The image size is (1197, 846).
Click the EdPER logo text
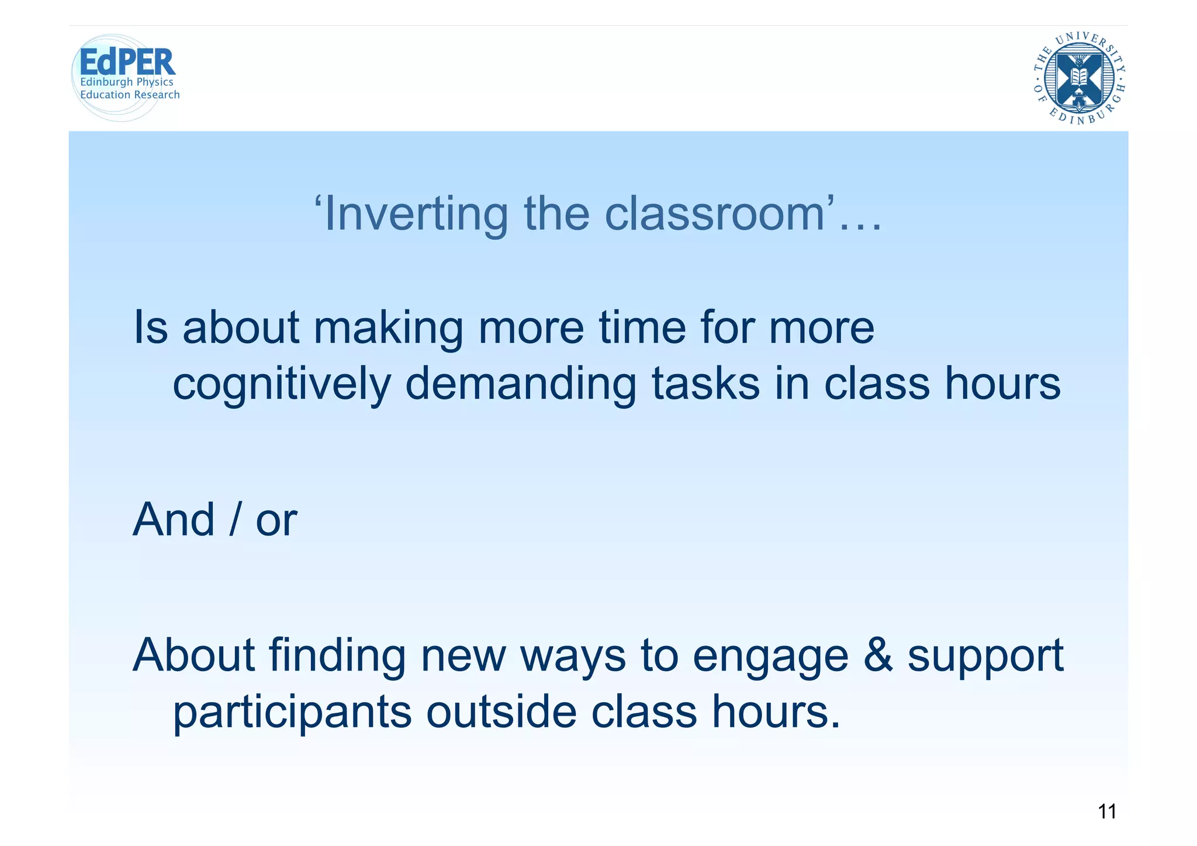127,62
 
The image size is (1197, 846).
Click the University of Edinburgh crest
1080,78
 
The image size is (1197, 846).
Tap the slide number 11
1107,812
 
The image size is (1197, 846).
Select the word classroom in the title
719,214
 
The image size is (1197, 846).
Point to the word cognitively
281,384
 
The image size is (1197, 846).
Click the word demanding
520,384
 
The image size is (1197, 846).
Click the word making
388,328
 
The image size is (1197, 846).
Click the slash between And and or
235,520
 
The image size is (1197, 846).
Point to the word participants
292,713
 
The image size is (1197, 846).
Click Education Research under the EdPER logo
130,95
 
